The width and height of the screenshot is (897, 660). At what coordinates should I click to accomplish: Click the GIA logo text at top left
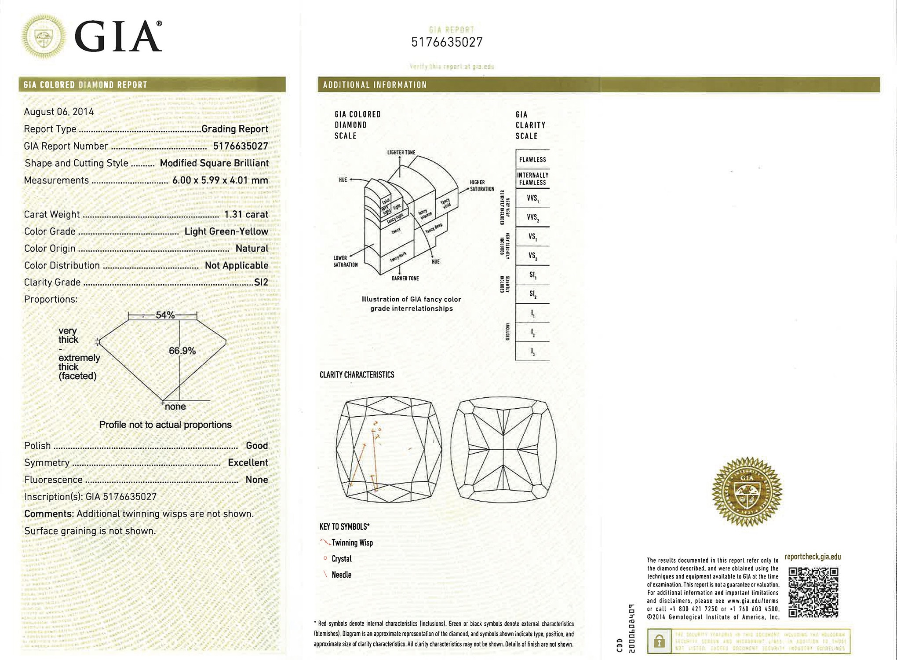118,37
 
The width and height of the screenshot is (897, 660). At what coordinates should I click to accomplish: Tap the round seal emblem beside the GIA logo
44,37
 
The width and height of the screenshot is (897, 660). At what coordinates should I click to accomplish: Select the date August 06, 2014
59,112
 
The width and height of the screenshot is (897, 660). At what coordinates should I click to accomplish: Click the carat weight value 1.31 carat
246,214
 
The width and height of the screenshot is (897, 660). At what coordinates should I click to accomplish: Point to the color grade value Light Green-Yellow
226,231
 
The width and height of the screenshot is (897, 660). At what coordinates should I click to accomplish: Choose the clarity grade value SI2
261,282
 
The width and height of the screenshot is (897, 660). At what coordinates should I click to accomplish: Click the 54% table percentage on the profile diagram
165,315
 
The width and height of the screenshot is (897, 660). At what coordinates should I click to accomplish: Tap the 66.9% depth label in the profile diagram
182,351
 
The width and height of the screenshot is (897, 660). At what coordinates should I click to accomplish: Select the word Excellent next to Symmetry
248,462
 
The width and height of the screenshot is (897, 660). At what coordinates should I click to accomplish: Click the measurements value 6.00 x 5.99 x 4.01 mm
220,180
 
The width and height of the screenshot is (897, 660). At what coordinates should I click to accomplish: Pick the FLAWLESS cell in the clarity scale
532,160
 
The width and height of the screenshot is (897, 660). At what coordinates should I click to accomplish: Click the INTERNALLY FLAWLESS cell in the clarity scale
532,179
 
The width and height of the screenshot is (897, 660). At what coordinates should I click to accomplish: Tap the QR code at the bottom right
813,592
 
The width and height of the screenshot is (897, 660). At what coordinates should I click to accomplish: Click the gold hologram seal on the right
746,491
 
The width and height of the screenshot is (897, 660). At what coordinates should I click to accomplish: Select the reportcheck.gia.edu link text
813,557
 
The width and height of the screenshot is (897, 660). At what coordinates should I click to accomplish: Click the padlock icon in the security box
659,642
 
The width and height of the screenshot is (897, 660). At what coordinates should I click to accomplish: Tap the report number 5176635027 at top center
447,42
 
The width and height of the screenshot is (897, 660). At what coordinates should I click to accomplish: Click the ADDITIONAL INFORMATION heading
375,85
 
